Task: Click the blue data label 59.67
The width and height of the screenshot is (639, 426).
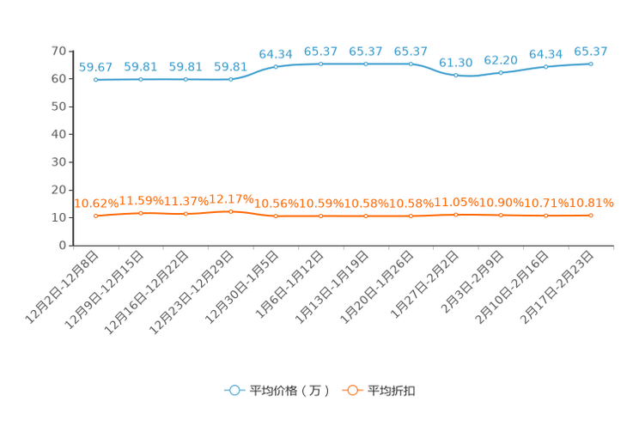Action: coord(95,67)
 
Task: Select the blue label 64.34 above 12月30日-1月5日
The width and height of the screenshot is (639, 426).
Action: coord(276,54)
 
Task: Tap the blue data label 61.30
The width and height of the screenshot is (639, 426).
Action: coord(455,63)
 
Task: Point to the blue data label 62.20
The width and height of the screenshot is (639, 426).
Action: coord(501,60)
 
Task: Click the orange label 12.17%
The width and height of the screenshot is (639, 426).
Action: coord(231,199)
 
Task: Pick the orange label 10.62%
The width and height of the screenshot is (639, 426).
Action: coord(96,204)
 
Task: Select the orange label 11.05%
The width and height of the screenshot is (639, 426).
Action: coord(456,202)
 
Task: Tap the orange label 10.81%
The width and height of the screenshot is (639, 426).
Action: coord(591,203)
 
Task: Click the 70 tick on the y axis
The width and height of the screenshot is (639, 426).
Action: coord(58,51)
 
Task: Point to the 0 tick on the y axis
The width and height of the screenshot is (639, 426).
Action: coord(63,246)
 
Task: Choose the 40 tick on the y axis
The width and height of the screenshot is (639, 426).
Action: coord(58,135)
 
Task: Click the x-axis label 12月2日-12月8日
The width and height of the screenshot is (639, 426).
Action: coord(62,288)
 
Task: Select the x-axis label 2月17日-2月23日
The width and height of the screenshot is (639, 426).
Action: coord(557,288)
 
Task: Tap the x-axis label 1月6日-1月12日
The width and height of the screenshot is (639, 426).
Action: coord(289,284)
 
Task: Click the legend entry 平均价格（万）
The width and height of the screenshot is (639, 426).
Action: coord(277,391)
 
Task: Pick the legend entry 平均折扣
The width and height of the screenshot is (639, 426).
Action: coord(379,391)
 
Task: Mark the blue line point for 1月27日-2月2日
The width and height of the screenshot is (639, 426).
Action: coord(455,76)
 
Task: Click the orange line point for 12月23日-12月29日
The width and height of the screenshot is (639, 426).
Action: coord(231,211)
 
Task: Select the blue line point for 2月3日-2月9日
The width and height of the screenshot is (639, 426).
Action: coord(501,72)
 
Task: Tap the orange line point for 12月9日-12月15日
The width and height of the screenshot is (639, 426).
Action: coord(141,213)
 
